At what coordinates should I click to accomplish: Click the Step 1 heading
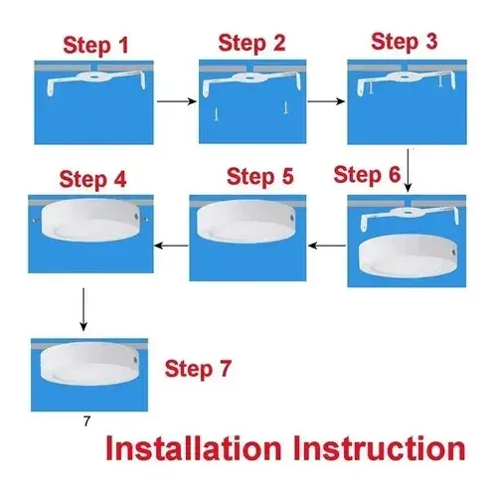[x=95, y=46]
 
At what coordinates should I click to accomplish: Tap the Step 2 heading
[x=251, y=44]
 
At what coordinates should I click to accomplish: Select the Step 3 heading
[x=405, y=42]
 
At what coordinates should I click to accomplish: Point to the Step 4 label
[x=92, y=179]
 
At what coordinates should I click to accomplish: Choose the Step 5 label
[x=260, y=176]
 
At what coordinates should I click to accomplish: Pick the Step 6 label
[x=367, y=174]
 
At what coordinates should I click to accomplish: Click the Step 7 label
[x=198, y=369]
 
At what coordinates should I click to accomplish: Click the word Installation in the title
[x=194, y=448]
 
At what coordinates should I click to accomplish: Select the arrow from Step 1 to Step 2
[x=177, y=101]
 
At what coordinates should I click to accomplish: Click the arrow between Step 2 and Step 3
[x=326, y=101]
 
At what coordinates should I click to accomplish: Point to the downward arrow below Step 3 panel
[x=409, y=170]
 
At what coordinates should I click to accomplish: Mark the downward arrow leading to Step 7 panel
[x=83, y=309]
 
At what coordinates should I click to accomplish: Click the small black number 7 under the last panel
[x=86, y=421]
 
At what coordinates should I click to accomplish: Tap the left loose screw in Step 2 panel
[x=217, y=113]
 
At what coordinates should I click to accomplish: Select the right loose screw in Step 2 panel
[x=285, y=107]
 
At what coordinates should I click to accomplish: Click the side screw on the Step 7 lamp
[x=135, y=360]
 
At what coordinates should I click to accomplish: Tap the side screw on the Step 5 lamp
[x=291, y=219]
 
